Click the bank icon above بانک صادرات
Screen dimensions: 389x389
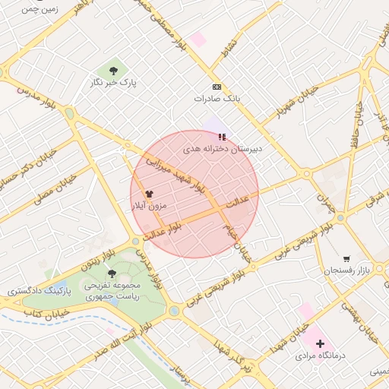(x=217, y=87)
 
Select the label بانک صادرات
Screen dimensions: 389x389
(x=217, y=99)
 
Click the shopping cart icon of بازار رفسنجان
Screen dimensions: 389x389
(x=347, y=259)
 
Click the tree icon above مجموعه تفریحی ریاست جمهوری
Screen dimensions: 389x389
(x=112, y=273)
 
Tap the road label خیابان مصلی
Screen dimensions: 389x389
(x=52, y=189)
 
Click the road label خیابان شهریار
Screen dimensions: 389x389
(x=274, y=113)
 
